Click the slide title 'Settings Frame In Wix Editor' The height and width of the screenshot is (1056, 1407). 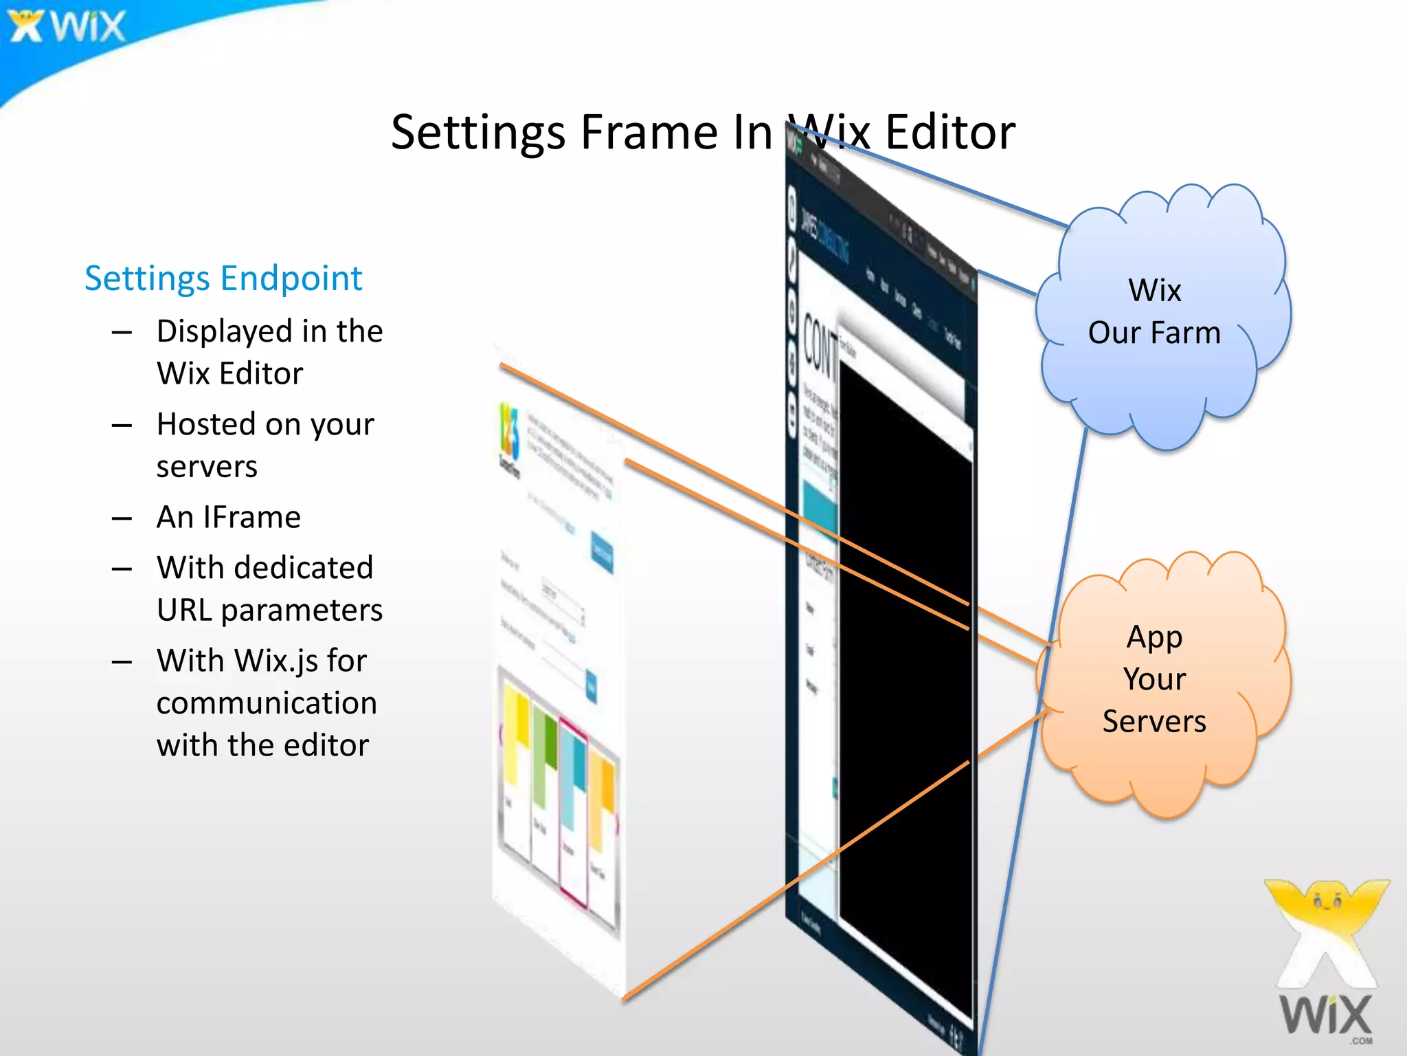click(702, 132)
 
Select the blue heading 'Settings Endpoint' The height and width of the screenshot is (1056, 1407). click(223, 278)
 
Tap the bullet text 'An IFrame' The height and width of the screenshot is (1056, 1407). click(228, 517)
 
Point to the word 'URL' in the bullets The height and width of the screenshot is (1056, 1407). click(184, 610)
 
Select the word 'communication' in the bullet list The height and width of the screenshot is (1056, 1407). click(267, 703)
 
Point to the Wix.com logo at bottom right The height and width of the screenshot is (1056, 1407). click(1326, 962)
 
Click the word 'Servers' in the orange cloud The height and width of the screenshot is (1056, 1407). click(1154, 722)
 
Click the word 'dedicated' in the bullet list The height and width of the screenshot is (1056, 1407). click(304, 568)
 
